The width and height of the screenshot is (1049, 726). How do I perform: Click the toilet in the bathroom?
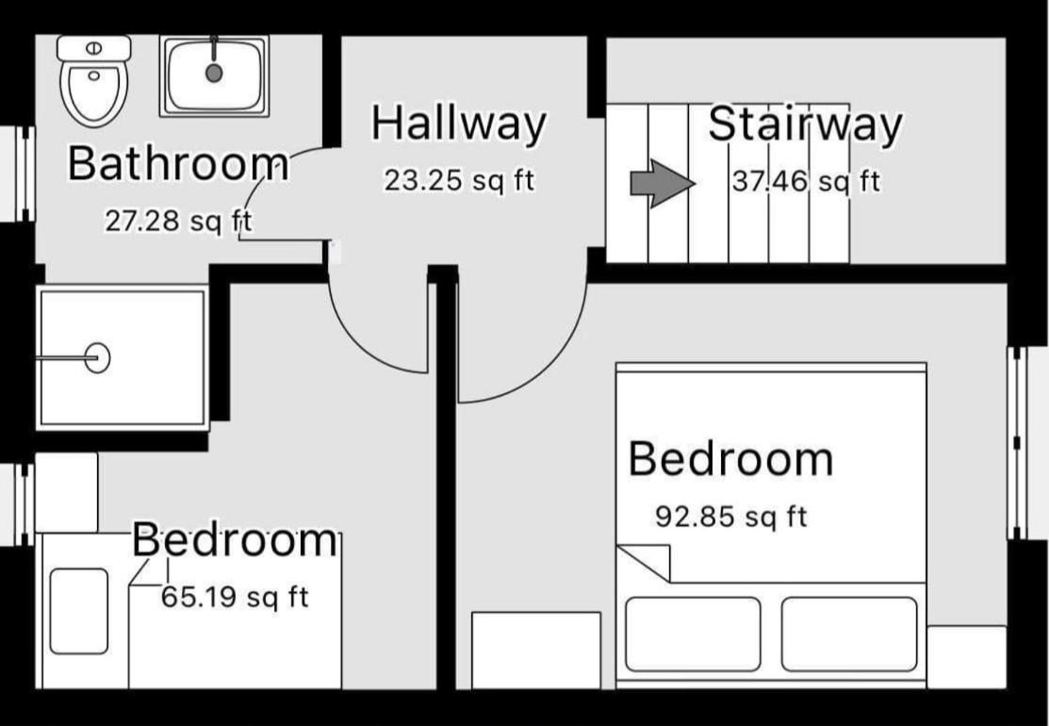93,81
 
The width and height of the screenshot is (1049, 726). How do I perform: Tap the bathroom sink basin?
214,75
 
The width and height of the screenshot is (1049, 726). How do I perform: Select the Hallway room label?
459,124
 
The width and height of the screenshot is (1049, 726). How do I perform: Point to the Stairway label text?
806,124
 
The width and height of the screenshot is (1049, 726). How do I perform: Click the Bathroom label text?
178,163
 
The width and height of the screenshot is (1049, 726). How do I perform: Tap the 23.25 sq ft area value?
459,181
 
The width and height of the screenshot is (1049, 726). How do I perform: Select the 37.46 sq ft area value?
806,181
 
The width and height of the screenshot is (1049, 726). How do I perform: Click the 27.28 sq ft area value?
179,221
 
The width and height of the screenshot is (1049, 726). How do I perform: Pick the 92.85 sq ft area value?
731,517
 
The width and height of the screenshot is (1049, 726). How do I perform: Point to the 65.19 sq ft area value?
235,597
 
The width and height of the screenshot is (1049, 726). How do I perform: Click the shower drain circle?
98,358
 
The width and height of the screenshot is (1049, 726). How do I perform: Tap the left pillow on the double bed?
693,635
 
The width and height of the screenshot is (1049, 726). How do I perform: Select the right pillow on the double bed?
849,635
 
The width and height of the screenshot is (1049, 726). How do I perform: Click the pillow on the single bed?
79,611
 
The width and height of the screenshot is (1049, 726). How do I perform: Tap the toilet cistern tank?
93,48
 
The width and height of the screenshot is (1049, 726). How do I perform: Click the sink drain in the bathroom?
214,73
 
